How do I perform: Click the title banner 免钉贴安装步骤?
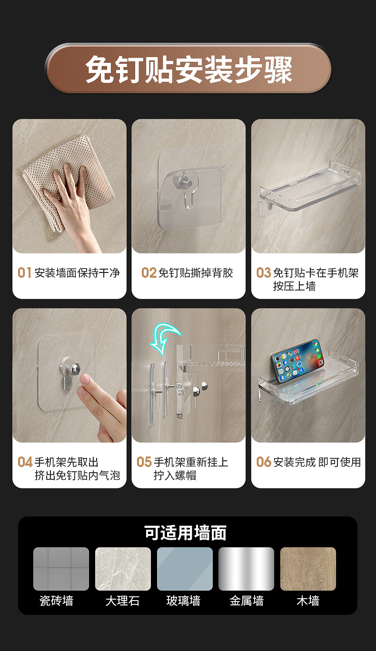[188, 68]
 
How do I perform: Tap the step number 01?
[24, 273]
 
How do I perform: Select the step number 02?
[148, 273]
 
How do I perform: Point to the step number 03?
[264, 273]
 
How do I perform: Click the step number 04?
[25, 462]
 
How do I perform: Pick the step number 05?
[144, 462]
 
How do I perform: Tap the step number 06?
[264, 462]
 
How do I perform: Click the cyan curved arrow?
[164, 339]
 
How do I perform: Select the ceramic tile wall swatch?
[61, 569]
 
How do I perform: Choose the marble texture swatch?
[123, 569]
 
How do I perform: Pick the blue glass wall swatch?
[185, 569]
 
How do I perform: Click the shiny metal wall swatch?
[247, 569]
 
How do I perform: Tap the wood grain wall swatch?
[308, 569]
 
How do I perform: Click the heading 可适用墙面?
[186, 533]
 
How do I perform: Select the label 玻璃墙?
[184, 601]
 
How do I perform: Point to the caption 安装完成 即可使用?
[317, 462]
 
